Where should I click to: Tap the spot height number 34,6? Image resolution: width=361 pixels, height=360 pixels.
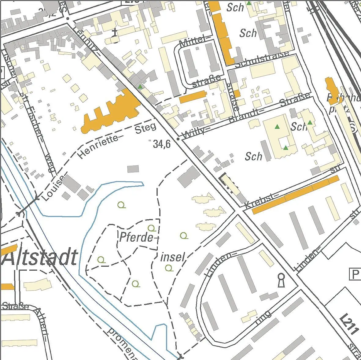pyautogui.click(x=162, y=144)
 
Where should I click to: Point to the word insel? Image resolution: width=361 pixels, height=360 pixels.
pyautogui.click(x=173, y=257)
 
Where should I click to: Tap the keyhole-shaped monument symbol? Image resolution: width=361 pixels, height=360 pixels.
pyautogui.click(x=281, y=280)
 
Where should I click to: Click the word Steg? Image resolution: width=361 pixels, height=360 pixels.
pyautogui.click(x=146, y=128)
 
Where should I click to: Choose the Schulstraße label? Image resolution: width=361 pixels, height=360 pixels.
pyautogui.click(x=262, y=59)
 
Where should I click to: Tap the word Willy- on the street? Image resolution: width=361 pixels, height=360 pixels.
pyautogui.click(x=193, y=132)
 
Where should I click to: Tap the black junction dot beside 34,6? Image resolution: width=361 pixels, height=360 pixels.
pyautogui.click(x=178, y=139)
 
